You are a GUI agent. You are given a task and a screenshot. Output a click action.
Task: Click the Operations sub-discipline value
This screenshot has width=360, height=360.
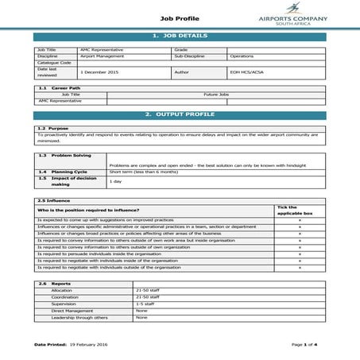[242, 56]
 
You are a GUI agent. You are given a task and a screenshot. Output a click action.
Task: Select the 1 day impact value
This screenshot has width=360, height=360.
[116, 181]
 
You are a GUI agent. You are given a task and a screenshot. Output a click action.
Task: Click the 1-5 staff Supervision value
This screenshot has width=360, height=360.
[145, 303]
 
